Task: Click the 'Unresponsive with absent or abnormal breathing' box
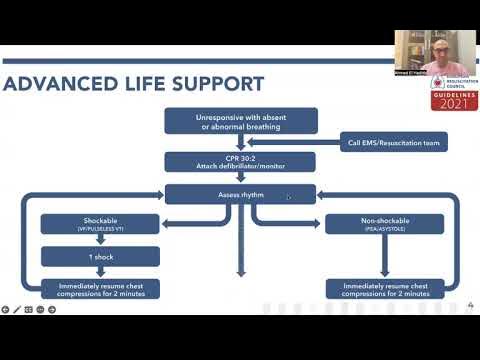(240, 121)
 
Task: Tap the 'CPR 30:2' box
(240, 161)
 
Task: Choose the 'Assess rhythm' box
(240, 195)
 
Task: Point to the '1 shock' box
(99, 256)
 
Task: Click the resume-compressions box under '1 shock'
(99, 288)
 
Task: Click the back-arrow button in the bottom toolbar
(6, 309)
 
